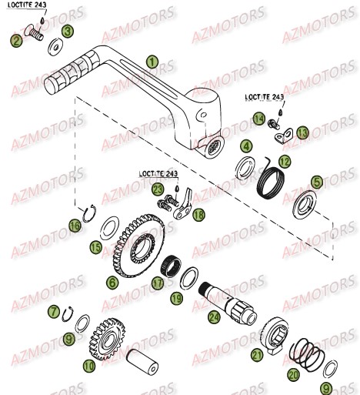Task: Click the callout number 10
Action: (x=90, y=367)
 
